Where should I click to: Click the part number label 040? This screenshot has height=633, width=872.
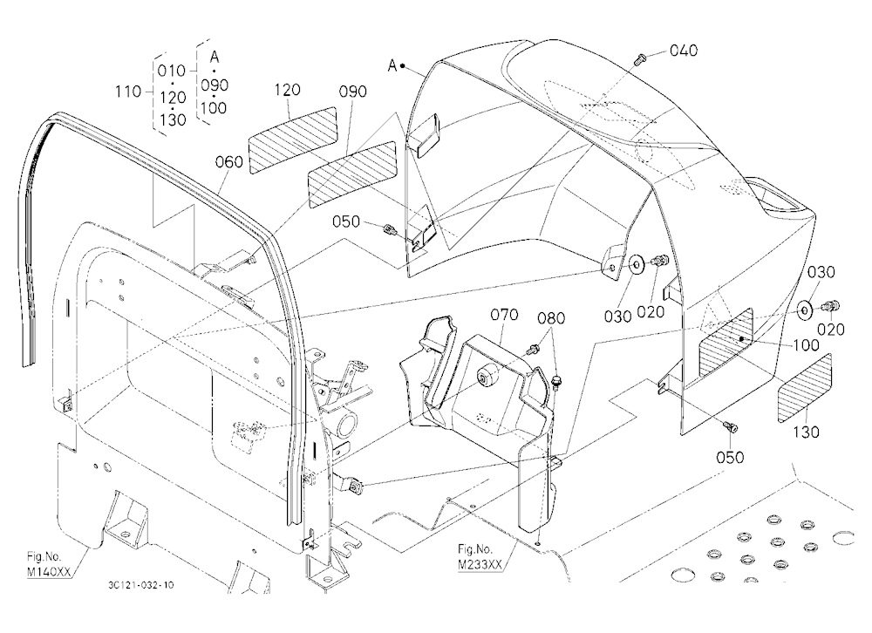pyautogui.click(x=684, y=51)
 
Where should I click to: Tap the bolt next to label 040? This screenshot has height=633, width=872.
pyautogui.click(x=639, y=58)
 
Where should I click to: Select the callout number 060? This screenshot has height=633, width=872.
pyautogui.click(x=229, y=162)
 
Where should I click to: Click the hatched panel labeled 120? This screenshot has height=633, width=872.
pyautogui.click(x=292, y=139)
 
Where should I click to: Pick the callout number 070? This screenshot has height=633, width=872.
pyautogui.click(x=504, y=315)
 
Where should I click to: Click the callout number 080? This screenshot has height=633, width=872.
pyautogui.click(x=551, y=318)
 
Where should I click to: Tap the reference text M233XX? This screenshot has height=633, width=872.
pyautogui.click(x=480, y=565)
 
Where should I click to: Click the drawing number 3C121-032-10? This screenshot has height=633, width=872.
pyautogui.click(x=141, y=585)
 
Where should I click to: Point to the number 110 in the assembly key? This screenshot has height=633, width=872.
pyautogui.click(x=128, y=92)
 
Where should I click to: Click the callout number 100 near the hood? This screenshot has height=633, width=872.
pyautogui.click(x=806, y=345)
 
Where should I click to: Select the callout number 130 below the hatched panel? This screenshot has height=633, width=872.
pyautogui.click(x=806, y=432)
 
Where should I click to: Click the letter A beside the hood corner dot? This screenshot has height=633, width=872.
pyautogui.click(x=392, y=66)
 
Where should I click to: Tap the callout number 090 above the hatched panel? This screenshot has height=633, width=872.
pyautogui.click(x=353, y=92)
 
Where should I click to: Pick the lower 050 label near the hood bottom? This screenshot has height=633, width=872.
pyautogui.click(x=730, y=457)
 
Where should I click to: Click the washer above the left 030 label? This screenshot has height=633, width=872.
pyautogui.click(x=637, y=263)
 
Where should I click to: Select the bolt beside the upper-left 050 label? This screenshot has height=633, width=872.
pyautogui.click(x=388, y=229)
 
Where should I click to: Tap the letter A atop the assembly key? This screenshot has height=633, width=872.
pyautogui.click(x=215, y=58)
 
